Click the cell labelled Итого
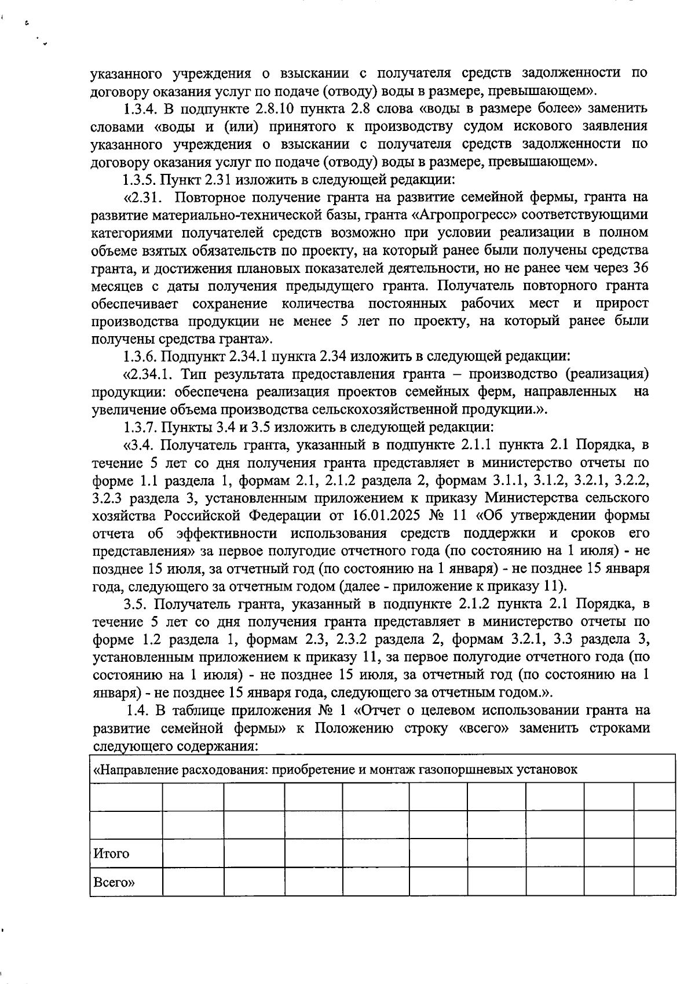(x=112, y=853)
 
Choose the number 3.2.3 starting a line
(x=108, y=498)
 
